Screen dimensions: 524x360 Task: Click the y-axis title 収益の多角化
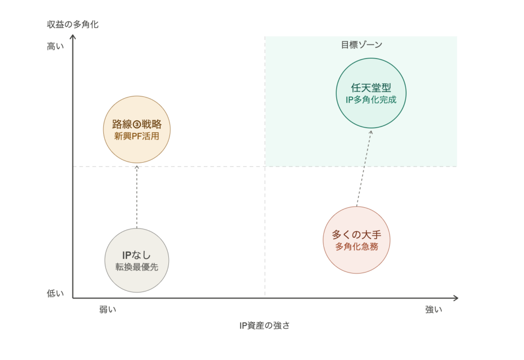73,25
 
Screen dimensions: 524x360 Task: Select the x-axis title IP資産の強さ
265,326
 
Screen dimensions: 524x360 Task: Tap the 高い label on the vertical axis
55,47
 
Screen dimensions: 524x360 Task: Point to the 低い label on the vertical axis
55,294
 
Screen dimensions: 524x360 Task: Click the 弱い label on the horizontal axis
107,309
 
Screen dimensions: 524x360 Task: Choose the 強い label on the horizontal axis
434,309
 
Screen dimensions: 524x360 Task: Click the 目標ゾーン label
361,45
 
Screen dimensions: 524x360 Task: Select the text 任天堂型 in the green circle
371,88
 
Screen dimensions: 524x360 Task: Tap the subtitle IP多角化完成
371,100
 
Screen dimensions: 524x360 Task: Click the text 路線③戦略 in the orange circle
137,124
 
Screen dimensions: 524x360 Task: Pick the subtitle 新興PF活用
137,136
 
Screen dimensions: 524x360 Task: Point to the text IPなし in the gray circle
137,255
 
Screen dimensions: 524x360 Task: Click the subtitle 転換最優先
137,267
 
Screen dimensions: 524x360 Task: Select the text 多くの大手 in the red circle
357,235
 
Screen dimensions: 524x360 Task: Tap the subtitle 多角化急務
357,246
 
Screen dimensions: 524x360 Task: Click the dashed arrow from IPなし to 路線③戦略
137,197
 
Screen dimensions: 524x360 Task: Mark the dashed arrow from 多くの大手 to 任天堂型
364,168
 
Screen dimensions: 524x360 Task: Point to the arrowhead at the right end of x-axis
457,298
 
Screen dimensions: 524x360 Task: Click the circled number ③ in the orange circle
137,125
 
